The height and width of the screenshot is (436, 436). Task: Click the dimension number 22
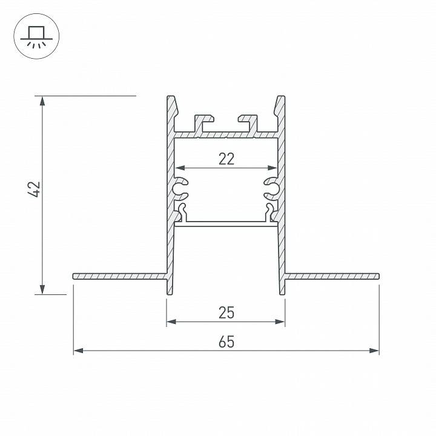(226, 159)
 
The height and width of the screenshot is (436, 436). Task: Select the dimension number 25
(226, 312)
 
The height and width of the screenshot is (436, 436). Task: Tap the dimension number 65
(226, 342)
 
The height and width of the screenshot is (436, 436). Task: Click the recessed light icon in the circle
(35, 36)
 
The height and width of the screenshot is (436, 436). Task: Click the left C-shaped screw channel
(180, 188)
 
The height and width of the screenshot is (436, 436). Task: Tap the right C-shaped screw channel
(271, 188)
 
